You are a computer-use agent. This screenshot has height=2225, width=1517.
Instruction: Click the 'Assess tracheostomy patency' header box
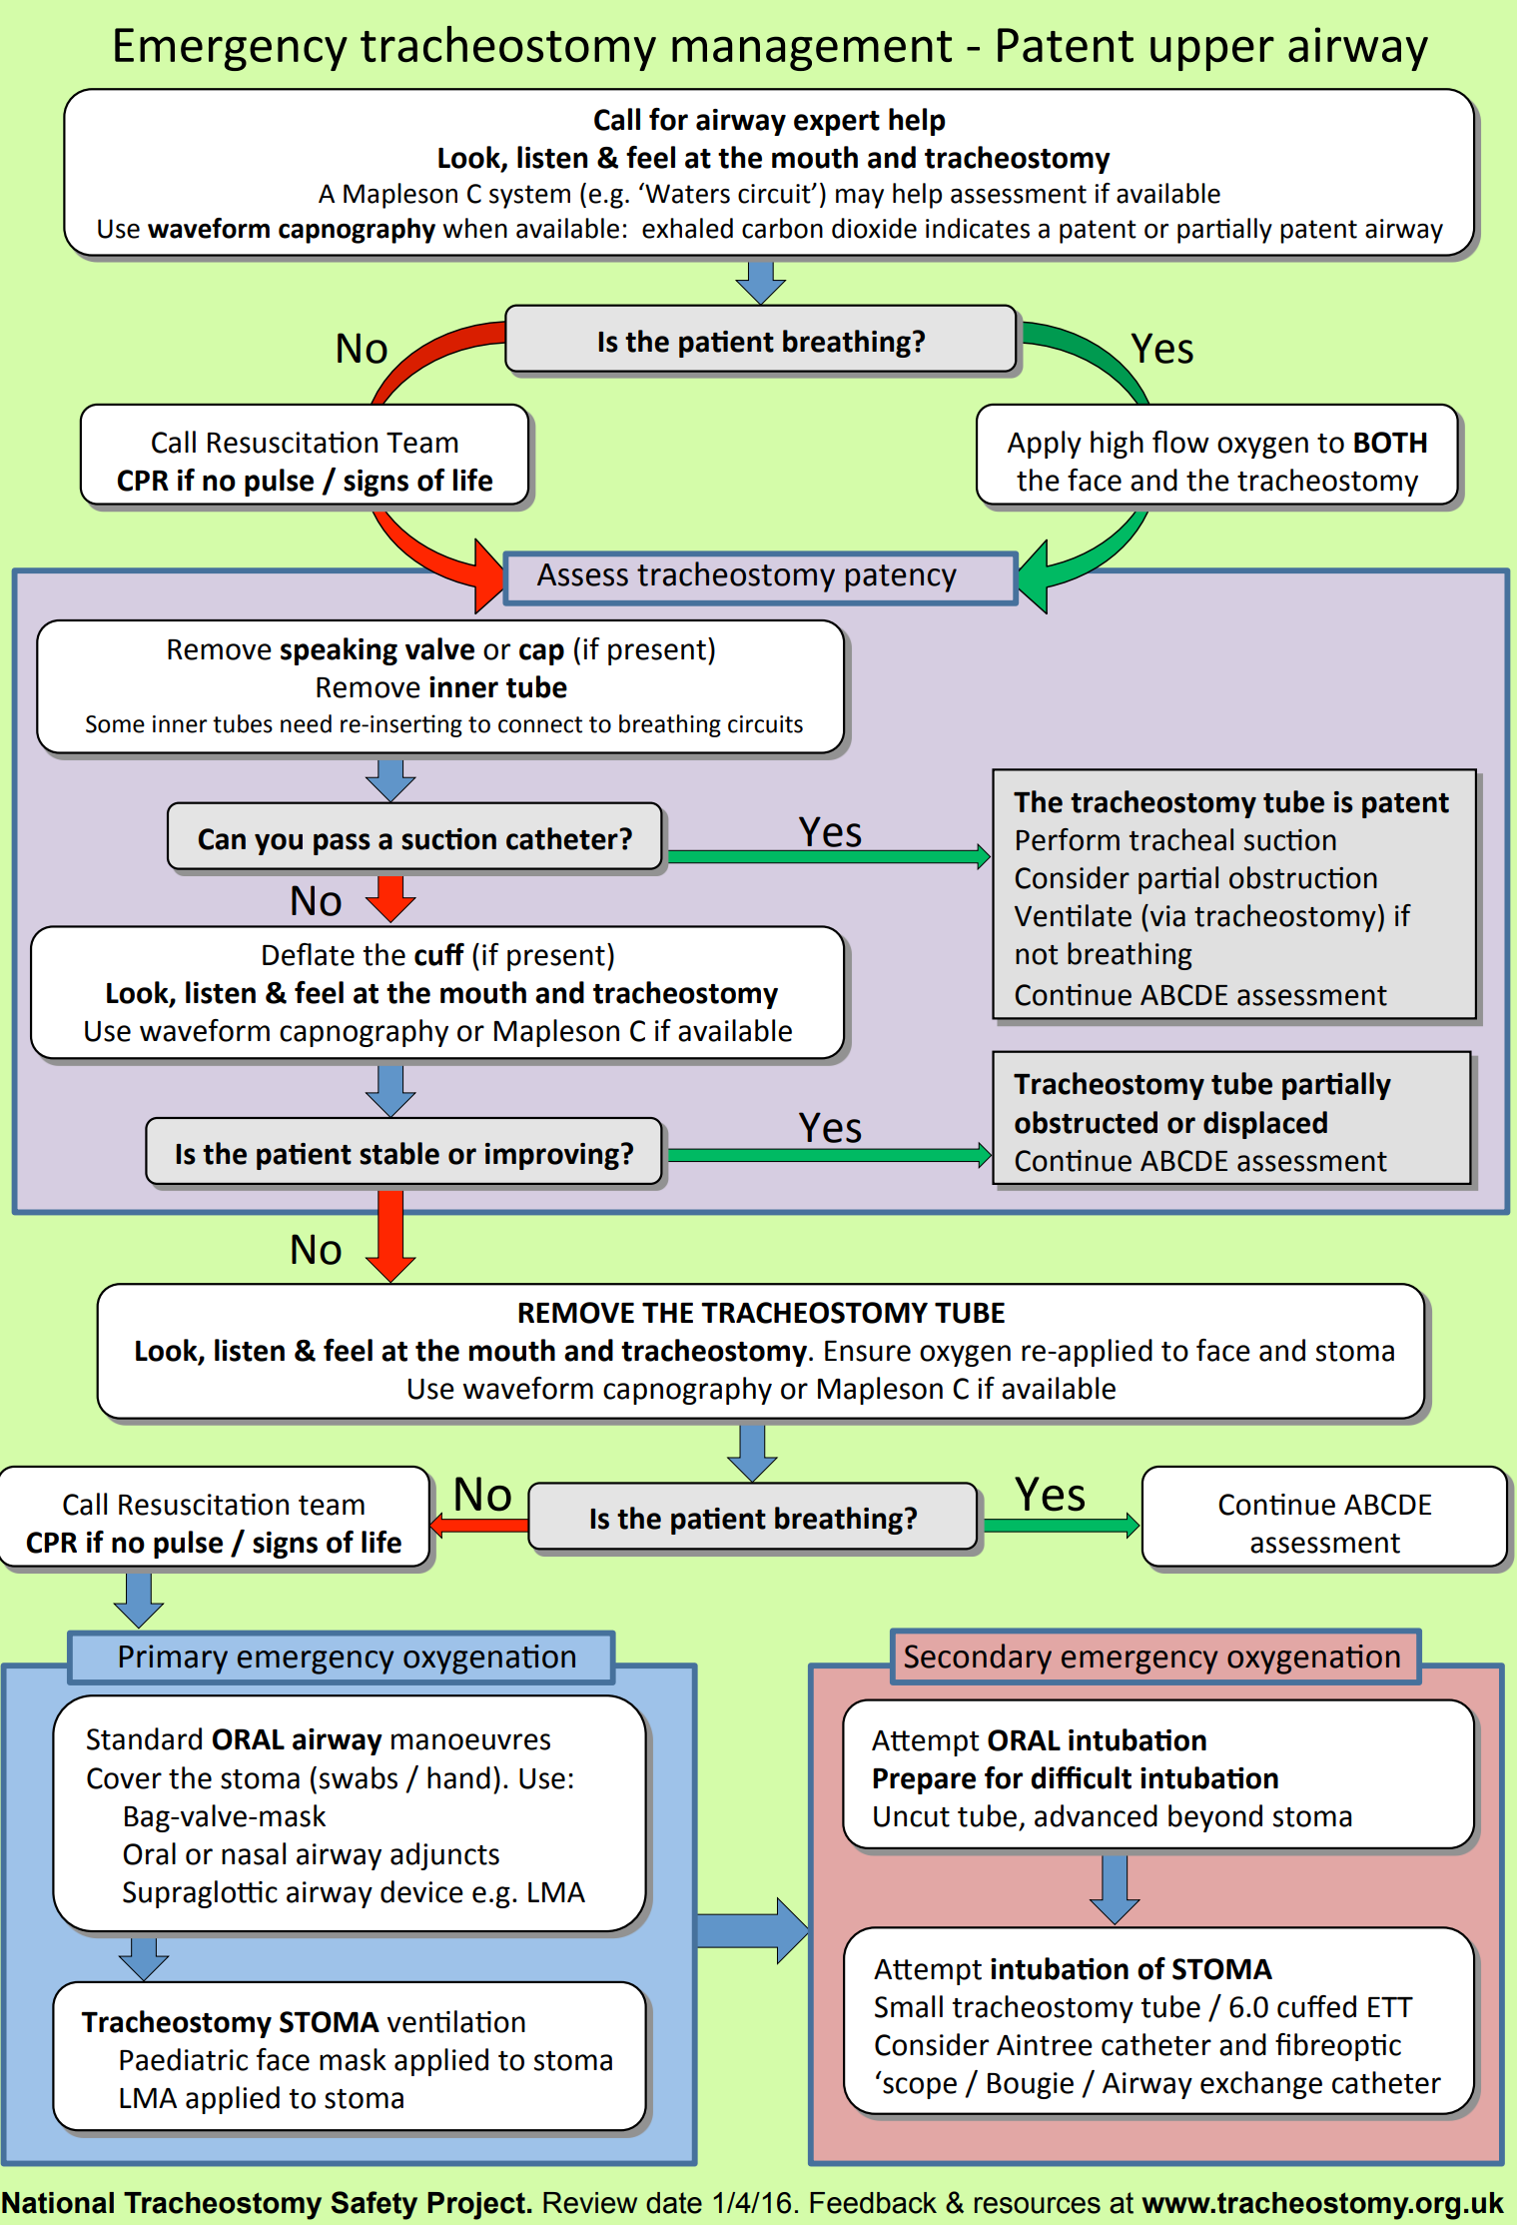(x=759, y=576)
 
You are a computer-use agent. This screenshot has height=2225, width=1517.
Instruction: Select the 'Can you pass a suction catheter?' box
(x=414, y=838)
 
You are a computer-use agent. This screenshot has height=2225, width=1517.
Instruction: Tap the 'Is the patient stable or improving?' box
(x=403, y=1153)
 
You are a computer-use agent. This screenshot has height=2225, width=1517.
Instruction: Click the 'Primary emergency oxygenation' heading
(x=346, y=1657)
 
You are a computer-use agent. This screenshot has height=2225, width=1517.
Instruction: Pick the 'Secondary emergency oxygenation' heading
(x=1152, y=1657)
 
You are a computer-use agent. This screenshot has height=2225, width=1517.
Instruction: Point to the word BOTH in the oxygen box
(x=1390, y=443)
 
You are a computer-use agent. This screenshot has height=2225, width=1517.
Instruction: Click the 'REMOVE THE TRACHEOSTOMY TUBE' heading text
(x=761, y=1313)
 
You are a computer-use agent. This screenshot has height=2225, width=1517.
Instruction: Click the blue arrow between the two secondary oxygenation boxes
(x=1115, y=1888)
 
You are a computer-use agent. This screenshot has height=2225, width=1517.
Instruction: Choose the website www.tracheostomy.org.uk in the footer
(x=1322, y=2203)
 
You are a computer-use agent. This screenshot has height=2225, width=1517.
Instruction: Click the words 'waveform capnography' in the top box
(x=292, y=230)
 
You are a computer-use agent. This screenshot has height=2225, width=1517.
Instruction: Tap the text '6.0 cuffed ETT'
(x=1320, y=2007)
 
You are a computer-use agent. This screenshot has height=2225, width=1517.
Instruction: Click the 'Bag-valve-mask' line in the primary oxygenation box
(x=225, y=1816)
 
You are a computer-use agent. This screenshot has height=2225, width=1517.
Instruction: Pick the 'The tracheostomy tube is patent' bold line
(x=1230, y=802)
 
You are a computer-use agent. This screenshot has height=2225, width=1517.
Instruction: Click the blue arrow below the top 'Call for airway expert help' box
(x=761, y=282)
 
